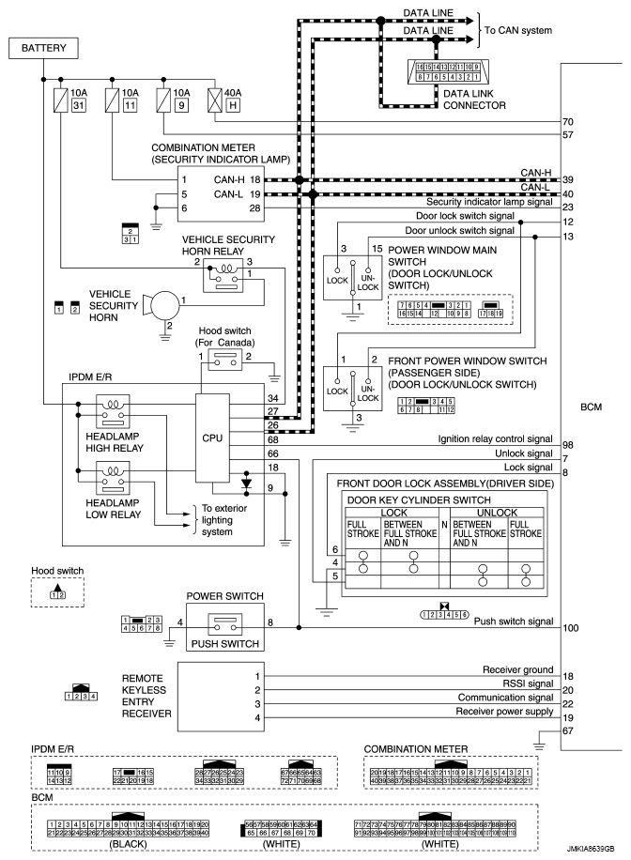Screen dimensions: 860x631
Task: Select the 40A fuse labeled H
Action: tap(215, 99)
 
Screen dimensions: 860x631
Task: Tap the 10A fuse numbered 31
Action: tap(59, 99)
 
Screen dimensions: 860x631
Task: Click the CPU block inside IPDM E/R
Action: tap(213, 437)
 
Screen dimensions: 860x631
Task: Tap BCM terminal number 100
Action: tap(569, 625)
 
